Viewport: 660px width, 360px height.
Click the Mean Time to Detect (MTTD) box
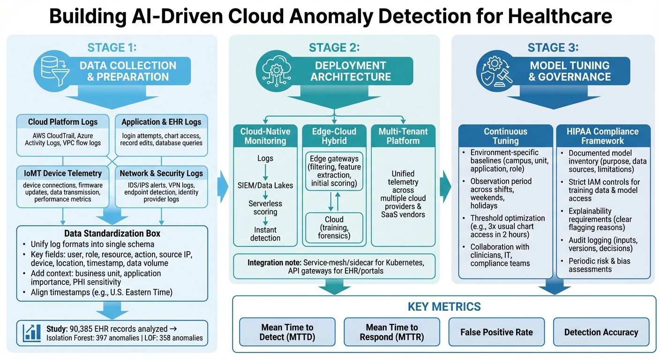[x=287, y=332]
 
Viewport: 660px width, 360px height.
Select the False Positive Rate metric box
[x=496, y=332]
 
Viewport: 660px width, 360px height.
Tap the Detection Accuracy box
[x=601, y=332]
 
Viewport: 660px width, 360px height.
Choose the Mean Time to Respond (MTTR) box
[x=391, y=332]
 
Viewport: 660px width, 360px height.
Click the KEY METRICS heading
[x=444, y=307]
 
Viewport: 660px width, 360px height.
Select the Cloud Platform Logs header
[x=63, y=122]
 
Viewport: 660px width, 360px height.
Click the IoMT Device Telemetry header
[x=63, y=173]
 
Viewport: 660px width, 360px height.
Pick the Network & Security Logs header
[x=161, y=173]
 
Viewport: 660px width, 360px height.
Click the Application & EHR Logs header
[x=161, y=122]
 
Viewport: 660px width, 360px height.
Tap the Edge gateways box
[x=334, y=170]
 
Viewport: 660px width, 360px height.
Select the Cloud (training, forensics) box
[x=334, y=227]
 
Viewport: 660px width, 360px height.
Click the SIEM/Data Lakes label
[x=266, y=185]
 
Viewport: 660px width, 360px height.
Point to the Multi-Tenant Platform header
[x=403, y=136]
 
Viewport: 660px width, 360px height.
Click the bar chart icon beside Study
[x=32, y=332]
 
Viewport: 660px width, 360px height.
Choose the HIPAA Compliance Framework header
[x=603, y=136]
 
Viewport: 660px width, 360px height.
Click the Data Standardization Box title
[x=112, y=233]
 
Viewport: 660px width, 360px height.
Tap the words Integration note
[x=274, y=263]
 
